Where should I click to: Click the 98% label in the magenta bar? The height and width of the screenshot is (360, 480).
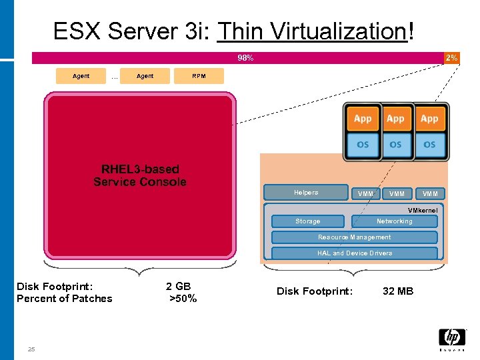pos(245,58)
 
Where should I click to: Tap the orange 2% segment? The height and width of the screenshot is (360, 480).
pos(451,58)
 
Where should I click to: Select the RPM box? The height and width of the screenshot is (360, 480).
pos(199,76)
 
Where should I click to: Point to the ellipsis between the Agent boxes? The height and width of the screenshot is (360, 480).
pos(115,77)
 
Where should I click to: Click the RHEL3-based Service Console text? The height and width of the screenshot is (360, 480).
pos(140,175)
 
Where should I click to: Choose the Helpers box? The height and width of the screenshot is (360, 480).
pos(306,193)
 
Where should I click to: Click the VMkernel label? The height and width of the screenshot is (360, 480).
pos(423,209)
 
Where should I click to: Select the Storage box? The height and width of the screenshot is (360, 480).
pos(307,221)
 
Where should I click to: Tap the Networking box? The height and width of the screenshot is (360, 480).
pos(394,221)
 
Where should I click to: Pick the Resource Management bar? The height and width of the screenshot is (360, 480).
pos(354,237)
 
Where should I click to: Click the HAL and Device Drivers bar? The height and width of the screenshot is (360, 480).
pos(354,253)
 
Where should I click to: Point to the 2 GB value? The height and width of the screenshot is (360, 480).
pos(178,287)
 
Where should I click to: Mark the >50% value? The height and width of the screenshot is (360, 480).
pos(183,299)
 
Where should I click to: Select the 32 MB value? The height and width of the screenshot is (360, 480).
pos(398,291)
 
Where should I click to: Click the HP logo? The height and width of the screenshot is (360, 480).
pos(452,339)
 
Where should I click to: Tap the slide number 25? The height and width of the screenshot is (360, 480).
pos(31,349)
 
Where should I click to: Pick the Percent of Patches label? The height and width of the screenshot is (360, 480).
pos(65,299)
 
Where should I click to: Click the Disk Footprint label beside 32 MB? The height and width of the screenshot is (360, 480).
pos(315,291)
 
